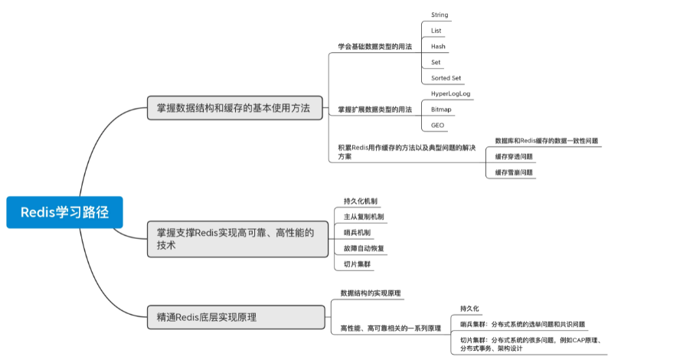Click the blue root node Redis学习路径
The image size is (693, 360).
64,212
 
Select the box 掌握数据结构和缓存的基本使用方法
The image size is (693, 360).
234,108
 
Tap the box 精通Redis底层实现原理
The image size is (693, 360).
236,317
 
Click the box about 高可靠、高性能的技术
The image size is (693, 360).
238,239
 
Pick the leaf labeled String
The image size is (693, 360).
440,15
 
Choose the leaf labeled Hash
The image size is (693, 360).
438,47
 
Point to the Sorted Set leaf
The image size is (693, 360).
446,78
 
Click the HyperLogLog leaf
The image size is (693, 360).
451,93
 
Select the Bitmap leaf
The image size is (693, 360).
441,110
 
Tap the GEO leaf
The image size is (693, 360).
437,125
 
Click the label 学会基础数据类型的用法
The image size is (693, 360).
374,47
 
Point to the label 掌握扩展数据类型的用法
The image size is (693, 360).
374,110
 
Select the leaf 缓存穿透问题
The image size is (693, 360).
514,156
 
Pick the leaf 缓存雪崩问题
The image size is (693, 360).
514,172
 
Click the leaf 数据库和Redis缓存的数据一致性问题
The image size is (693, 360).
546,141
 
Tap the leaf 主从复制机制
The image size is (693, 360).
364,217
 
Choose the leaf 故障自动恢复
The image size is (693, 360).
364,248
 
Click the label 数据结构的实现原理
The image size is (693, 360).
371,293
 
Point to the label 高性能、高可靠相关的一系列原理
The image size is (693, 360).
391,328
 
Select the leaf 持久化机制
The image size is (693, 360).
361,201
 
